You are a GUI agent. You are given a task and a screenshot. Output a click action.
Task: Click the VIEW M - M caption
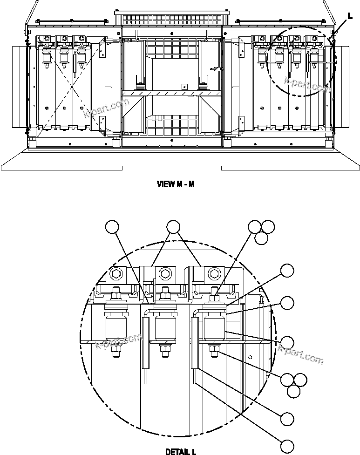pos(176,184)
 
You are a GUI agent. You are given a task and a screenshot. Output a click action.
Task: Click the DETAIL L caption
pos(181,451)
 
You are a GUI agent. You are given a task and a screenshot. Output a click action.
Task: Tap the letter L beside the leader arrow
pos(350,16)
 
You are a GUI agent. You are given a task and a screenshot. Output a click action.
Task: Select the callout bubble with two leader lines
pos(173,227)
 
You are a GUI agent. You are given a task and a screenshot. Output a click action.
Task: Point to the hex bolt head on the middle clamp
pos(164,272)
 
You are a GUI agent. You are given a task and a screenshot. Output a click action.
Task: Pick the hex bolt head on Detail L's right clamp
pos(214,272)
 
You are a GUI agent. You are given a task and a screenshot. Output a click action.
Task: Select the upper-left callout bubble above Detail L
pos(112,227)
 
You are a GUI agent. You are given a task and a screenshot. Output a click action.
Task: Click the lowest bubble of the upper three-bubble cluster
pos(261,238)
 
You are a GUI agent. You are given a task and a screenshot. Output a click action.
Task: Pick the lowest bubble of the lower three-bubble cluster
pos(293,391)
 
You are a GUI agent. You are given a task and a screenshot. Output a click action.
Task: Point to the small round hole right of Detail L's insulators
pos(250,357)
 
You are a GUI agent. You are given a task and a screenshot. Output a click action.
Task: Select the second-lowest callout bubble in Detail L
pos(287,419)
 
